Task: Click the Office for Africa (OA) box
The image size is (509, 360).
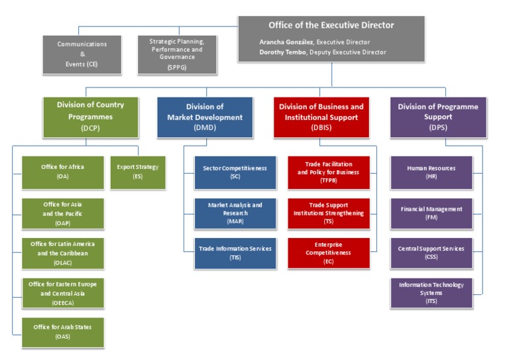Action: pyautogui.click(x=62, y=172)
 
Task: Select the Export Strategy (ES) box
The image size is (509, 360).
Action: pyautogui.click(x=137, y=172)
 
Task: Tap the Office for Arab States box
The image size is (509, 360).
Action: pyautogui.click(x=62, y=331)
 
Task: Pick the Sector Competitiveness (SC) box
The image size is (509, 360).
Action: pyautogui.click(x=235, y=172)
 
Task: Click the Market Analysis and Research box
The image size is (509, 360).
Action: pyautogui.click(x=235, y=213)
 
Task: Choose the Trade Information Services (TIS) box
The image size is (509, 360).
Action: pyautogui.click(x=235, y=253)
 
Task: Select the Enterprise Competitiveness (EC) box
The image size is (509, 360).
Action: pyautogui.click(x=328, y=253)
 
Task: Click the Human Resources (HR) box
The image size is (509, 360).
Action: pyautogui.click(x=431, y=172)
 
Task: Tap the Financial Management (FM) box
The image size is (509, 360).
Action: pyautogui.click(x=431, y=213)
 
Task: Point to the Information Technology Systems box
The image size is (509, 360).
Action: pyautogui.click(x=431, y=292)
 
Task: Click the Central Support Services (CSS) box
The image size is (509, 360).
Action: pyautogui.click(x=431, y=253)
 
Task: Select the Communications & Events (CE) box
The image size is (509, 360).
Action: pyautogui.click(x=83, y=54)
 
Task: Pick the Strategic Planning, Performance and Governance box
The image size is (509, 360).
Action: pyautogui.click(x=176, y=54)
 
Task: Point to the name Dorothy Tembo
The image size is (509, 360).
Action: pyautogui.click(x=285, y=52)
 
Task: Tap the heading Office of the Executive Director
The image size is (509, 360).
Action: pyautogui.click(x=331, y=25)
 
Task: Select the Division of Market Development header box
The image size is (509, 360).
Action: pyautogui.click(x=205, y=117)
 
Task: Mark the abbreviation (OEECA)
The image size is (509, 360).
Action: pyautogui.click(x=63, y=302)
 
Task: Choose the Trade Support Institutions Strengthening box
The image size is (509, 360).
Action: pyautogui.click(x=328, y=213)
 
